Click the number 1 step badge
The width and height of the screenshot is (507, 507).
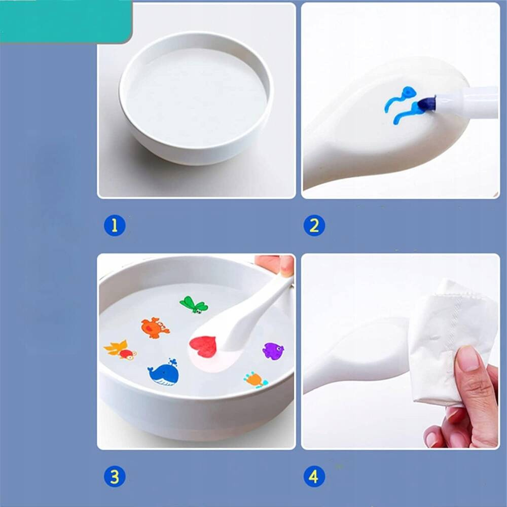pyautogui.click(x=115, y=226)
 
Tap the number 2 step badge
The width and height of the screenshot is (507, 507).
pyautogui.click(x=314, y=226)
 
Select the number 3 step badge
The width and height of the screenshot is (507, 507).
pyautogui.click(x=115, y=477)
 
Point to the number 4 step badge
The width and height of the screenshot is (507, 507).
pyautogui.click(x=314, y=477)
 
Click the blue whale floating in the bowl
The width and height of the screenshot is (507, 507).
pyautogui.click(x=163, y=374)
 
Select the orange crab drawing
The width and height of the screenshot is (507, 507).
pyautogui.click(x=155, y=328)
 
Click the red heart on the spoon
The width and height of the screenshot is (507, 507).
pyautogui.click(x=203, y=347)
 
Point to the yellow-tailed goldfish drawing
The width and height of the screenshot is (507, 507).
pyautogui.click(x=120, y=350)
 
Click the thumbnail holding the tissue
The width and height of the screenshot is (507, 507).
pyautogui.click(x=468, y=358)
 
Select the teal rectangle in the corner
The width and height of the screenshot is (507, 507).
pyautogui.click(x=65, y=21)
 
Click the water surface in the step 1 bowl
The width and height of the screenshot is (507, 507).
pyautogui.click(x=196, y=97)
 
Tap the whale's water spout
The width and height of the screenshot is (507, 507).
pyautogui.click(x=173, y=362)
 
